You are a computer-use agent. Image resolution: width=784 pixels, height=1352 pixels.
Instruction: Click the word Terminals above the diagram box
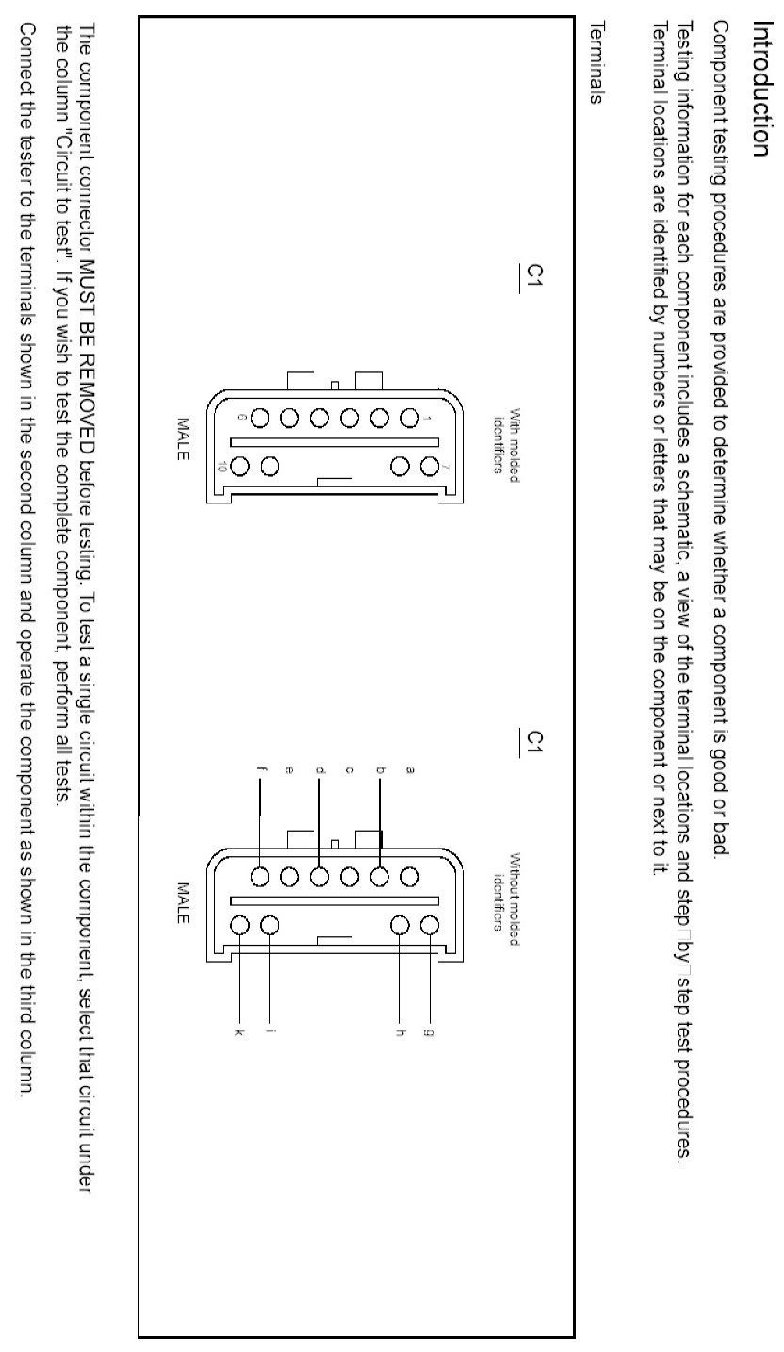click(594, 73)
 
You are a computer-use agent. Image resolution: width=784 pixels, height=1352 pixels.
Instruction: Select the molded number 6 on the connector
click(244, 416)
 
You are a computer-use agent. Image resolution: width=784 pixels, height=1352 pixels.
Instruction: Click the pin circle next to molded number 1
click(410, 416)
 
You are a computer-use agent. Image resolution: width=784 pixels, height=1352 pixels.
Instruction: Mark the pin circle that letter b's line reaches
click(380, 876)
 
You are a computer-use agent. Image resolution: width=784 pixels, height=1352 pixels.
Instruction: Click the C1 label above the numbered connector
click(533, 277)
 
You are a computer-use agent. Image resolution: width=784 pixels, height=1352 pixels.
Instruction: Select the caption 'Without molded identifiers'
click(507, 892)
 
